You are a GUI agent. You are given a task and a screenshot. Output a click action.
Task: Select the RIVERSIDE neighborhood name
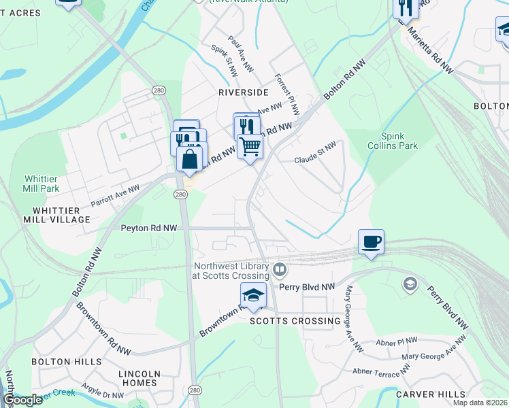point(243,92)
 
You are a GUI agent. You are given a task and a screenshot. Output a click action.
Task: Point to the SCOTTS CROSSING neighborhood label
point(295,320)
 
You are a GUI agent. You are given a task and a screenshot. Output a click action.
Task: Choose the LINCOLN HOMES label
point(139,378)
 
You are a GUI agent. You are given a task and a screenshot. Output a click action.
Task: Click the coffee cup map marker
point(371,242)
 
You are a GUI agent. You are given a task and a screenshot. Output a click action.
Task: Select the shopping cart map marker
point(250,146)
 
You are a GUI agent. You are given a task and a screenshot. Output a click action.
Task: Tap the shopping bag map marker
point(190,160)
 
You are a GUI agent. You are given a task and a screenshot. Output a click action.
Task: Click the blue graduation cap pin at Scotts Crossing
point(253,296)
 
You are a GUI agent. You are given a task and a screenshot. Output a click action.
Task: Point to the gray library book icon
point(279,271)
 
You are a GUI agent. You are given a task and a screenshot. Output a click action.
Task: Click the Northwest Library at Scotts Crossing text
point(231,271)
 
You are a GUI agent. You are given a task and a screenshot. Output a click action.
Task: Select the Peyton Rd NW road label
point(149,228)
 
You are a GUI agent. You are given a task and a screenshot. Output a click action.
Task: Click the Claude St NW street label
point(315,153)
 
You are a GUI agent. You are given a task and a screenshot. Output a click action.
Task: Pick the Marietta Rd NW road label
point(430,53)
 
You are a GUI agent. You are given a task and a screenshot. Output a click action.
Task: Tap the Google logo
point(22,400)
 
